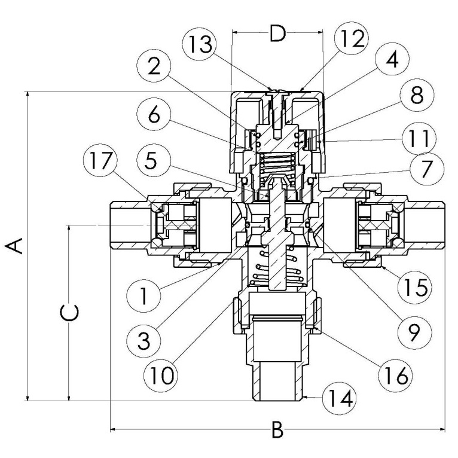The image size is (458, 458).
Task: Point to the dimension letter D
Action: click(x=277, y=33)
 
